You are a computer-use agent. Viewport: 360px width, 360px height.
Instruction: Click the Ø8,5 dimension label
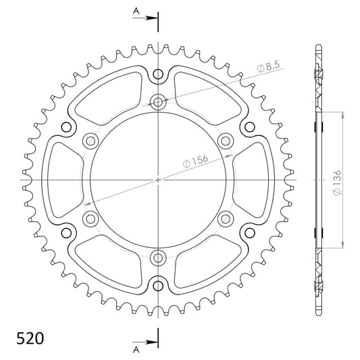pyautogui.click(x=268, y=67)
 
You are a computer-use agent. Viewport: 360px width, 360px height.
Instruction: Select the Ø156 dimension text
pyautogui.click(x=195, y=161)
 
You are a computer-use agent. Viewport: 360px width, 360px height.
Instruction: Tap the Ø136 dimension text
pyautogui.click(x=337, y=183)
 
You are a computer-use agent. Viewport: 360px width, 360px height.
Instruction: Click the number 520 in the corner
pyautogui.click(x=30, y=338)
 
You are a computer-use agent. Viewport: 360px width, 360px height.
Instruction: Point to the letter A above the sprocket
pyautogui.click(x=136, y=11)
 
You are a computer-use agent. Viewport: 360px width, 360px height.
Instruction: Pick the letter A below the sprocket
pyautogui.click(x=136, y=350)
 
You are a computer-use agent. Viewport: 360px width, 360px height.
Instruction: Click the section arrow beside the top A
pyautogui.click(x=145, y=18)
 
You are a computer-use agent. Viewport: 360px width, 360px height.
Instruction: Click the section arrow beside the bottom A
pyautogui.click(x=145, y=342)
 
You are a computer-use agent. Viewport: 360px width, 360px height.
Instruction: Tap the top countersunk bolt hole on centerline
pyautogui.click(x=158, y=102)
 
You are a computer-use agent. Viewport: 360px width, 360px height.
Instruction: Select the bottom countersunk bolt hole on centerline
pyautogui.click(x=158, y=258)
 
